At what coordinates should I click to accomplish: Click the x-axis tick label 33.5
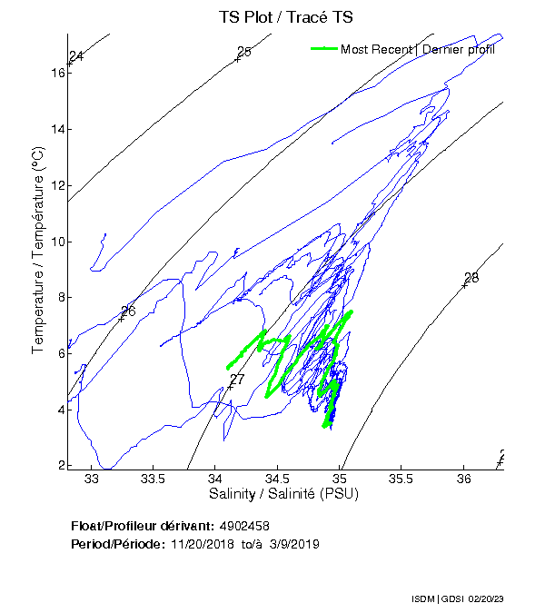[x=154, y=479]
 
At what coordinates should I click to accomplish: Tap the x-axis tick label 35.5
[x=401, y=479]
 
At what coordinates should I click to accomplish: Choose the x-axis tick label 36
[x=463, y=479]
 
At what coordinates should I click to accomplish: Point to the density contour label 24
[x=76, y=56]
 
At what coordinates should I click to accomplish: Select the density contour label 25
[x=243, y=52]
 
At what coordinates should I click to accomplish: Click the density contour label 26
[x=128, y=311]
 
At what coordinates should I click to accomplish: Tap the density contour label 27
[x=237, y=380]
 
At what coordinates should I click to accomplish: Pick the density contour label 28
[x=471, y=278]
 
